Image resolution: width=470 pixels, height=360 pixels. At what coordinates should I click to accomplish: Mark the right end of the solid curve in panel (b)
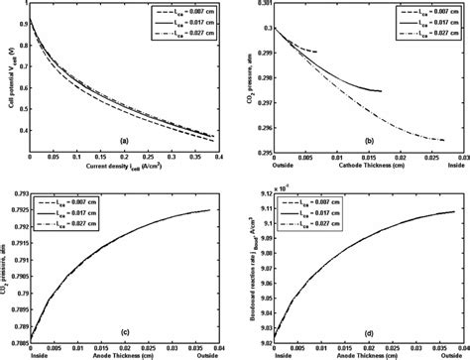click(382, 91)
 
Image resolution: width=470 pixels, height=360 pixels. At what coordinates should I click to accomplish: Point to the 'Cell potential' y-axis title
click(8, 79)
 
